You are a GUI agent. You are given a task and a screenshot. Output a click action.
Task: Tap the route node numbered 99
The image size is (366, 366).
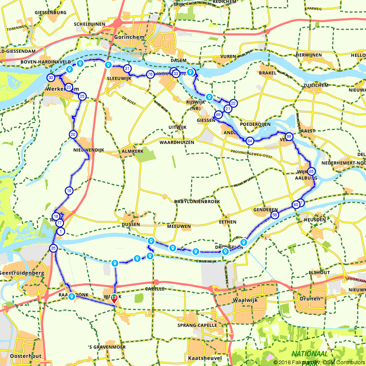click(289, 137)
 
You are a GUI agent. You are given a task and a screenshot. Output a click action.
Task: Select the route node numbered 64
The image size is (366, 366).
click(250, 141)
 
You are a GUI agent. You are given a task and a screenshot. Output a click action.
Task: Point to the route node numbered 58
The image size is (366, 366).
click(275, 215)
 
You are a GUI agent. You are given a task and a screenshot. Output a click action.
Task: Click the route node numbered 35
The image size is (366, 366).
click(53, 248)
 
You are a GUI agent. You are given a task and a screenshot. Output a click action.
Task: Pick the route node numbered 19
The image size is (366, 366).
click(69, 190)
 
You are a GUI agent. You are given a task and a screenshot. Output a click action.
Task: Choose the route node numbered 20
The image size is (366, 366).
click(73, 134)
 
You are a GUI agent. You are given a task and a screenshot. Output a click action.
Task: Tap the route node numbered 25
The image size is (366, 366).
click(82, 96)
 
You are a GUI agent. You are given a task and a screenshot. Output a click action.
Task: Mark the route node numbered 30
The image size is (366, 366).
click(51, 78)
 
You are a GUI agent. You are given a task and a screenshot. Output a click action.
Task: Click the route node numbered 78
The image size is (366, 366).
click(150, 75)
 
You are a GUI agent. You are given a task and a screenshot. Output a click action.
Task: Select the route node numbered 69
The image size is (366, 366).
click(219, 115)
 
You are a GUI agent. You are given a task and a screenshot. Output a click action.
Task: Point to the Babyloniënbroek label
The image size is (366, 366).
click(202, 202)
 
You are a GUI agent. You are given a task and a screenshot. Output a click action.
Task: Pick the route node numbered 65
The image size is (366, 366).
click(311, 171)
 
